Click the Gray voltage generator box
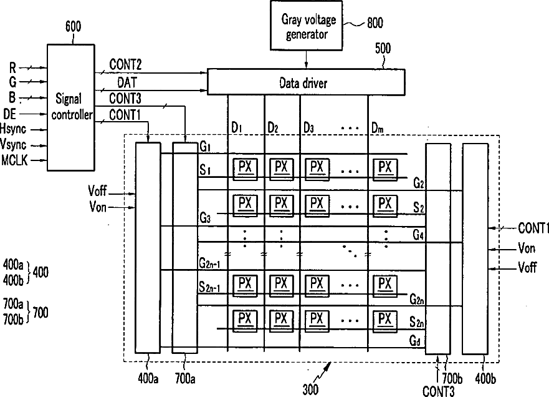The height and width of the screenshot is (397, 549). pos(307,26)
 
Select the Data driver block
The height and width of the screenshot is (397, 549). pos(306,82)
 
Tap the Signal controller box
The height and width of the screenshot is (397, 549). pos(70,107)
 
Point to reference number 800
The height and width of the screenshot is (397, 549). pos(375,23)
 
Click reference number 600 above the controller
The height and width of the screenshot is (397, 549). pos(73,26)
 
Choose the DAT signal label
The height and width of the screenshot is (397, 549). pos(127,82)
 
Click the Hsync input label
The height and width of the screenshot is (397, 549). pos(13,129)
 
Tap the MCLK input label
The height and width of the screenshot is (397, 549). pos(14,160)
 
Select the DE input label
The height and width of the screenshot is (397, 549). pos(10,114)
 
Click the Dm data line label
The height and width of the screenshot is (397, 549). pos(377,128)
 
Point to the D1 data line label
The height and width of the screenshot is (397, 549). pos(236,127)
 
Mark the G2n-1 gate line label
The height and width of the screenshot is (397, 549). pos(210,263)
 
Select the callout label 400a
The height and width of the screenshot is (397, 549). pos(148,378)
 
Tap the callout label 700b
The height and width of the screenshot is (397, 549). pos(452,379)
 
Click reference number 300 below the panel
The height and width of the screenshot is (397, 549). pos(310,390)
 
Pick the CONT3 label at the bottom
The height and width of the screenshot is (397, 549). pos(438,391)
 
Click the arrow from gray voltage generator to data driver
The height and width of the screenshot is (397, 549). pos(307,59)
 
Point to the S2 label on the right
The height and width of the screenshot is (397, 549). pos(418,207)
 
